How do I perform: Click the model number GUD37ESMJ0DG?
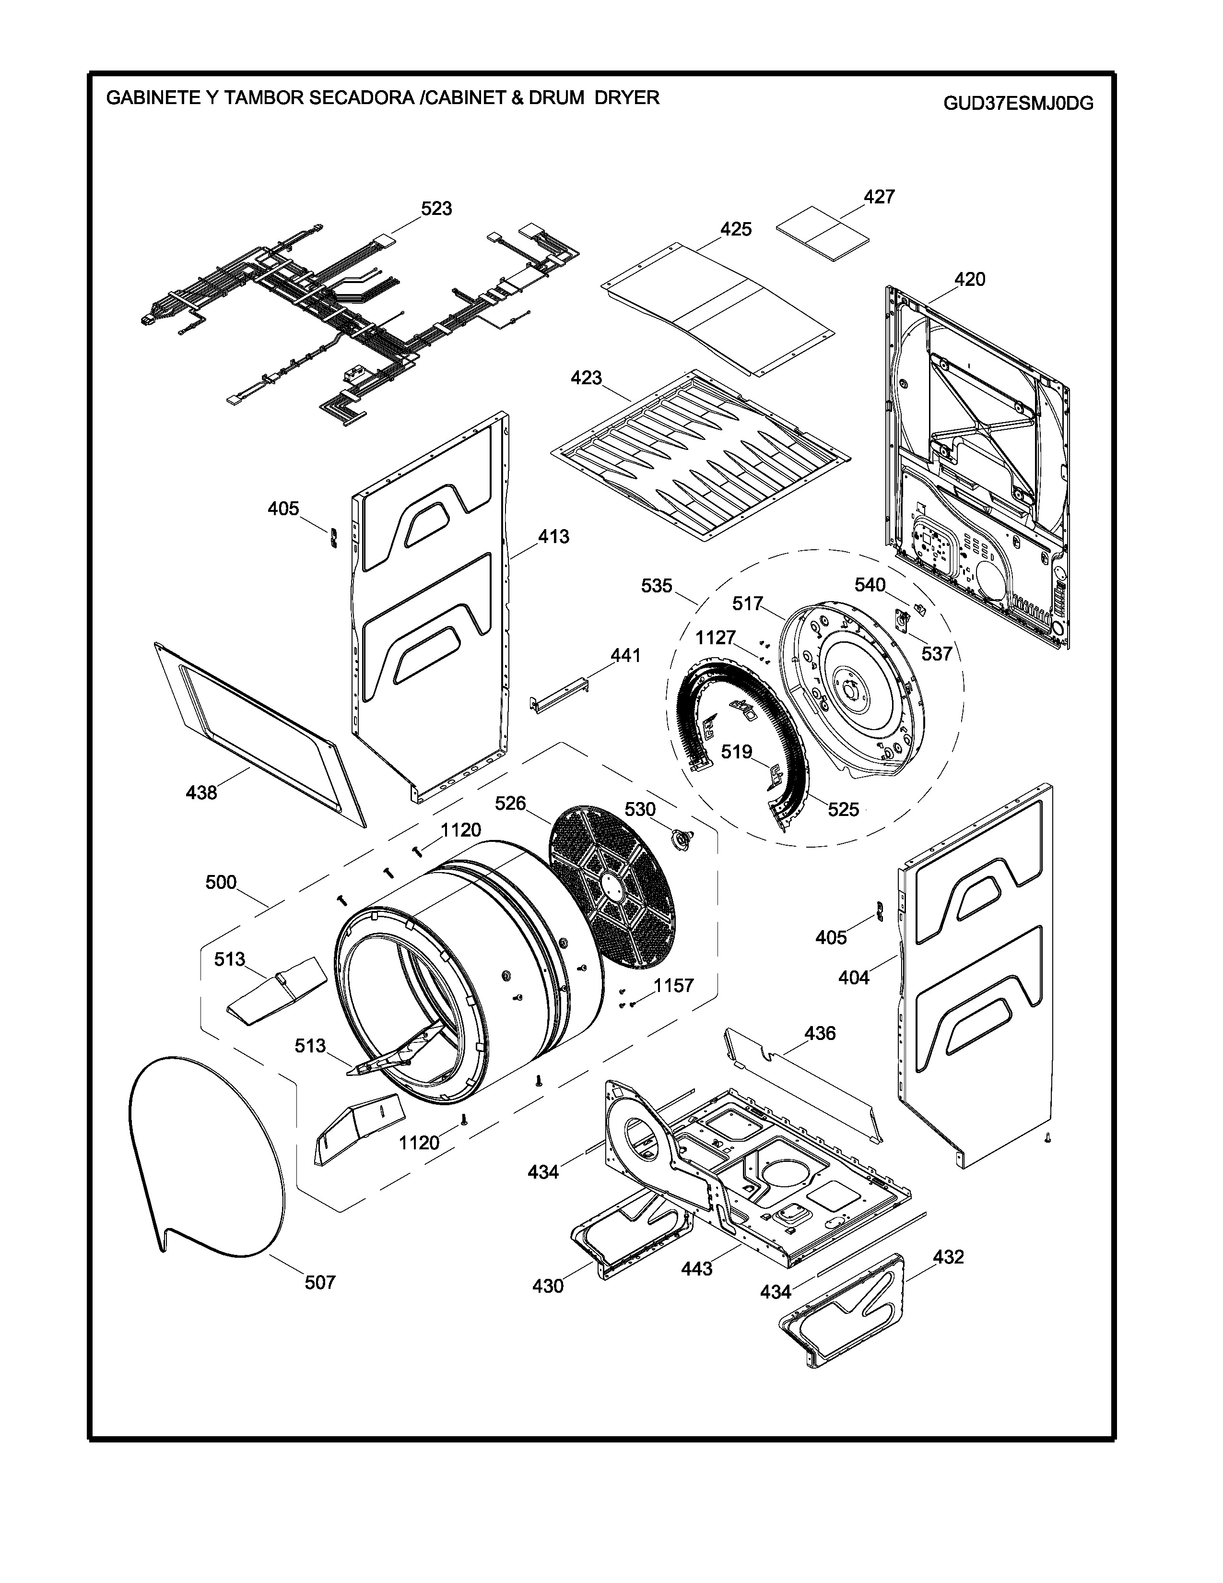1018,103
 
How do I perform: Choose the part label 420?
969,279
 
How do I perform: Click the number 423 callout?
586,378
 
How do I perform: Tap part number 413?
553,537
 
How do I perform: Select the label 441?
625,656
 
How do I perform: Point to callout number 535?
657,586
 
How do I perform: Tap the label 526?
510,803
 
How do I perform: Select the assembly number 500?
221,882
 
